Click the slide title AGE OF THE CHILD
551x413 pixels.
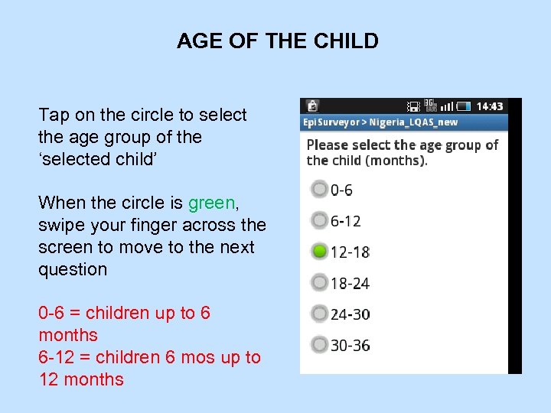[x=277, y=41]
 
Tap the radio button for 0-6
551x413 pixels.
[x=319, y=189]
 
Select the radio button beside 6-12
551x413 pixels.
[x=319, y=220]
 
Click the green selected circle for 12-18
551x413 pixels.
[x=319, y=252]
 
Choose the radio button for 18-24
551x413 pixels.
[x=319, y=283]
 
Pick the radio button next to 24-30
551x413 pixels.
[x=319, y=314]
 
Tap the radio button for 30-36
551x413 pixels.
[x=319, y=345]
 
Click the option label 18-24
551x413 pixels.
[x=350, y=284]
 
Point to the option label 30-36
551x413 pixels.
[x=350, y=346]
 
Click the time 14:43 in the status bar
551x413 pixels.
[x=490, y=106]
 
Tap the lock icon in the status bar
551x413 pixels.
[x=311, y=106]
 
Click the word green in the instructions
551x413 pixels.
[x=213, y=203]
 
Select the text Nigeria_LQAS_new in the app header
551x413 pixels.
[x=416, y=122]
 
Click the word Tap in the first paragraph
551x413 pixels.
[x=54, y=115]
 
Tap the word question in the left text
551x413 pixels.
[x=73, y=270]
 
